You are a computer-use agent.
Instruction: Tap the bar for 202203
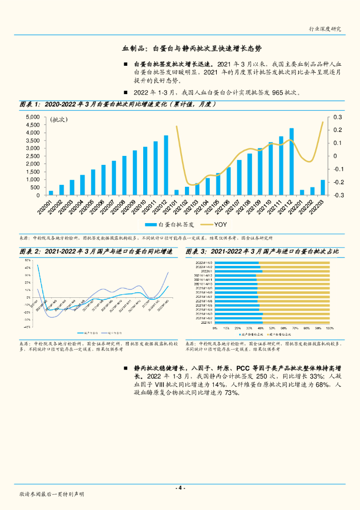coord(323,187)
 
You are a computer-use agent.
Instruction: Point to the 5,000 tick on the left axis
coord(33,117)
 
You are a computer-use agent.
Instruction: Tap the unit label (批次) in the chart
coord(58,120)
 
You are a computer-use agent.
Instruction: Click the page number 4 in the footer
coord(180,488)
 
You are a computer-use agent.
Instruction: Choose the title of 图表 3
coord(262,252)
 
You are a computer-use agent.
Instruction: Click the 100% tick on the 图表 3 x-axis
coord(329,328)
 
